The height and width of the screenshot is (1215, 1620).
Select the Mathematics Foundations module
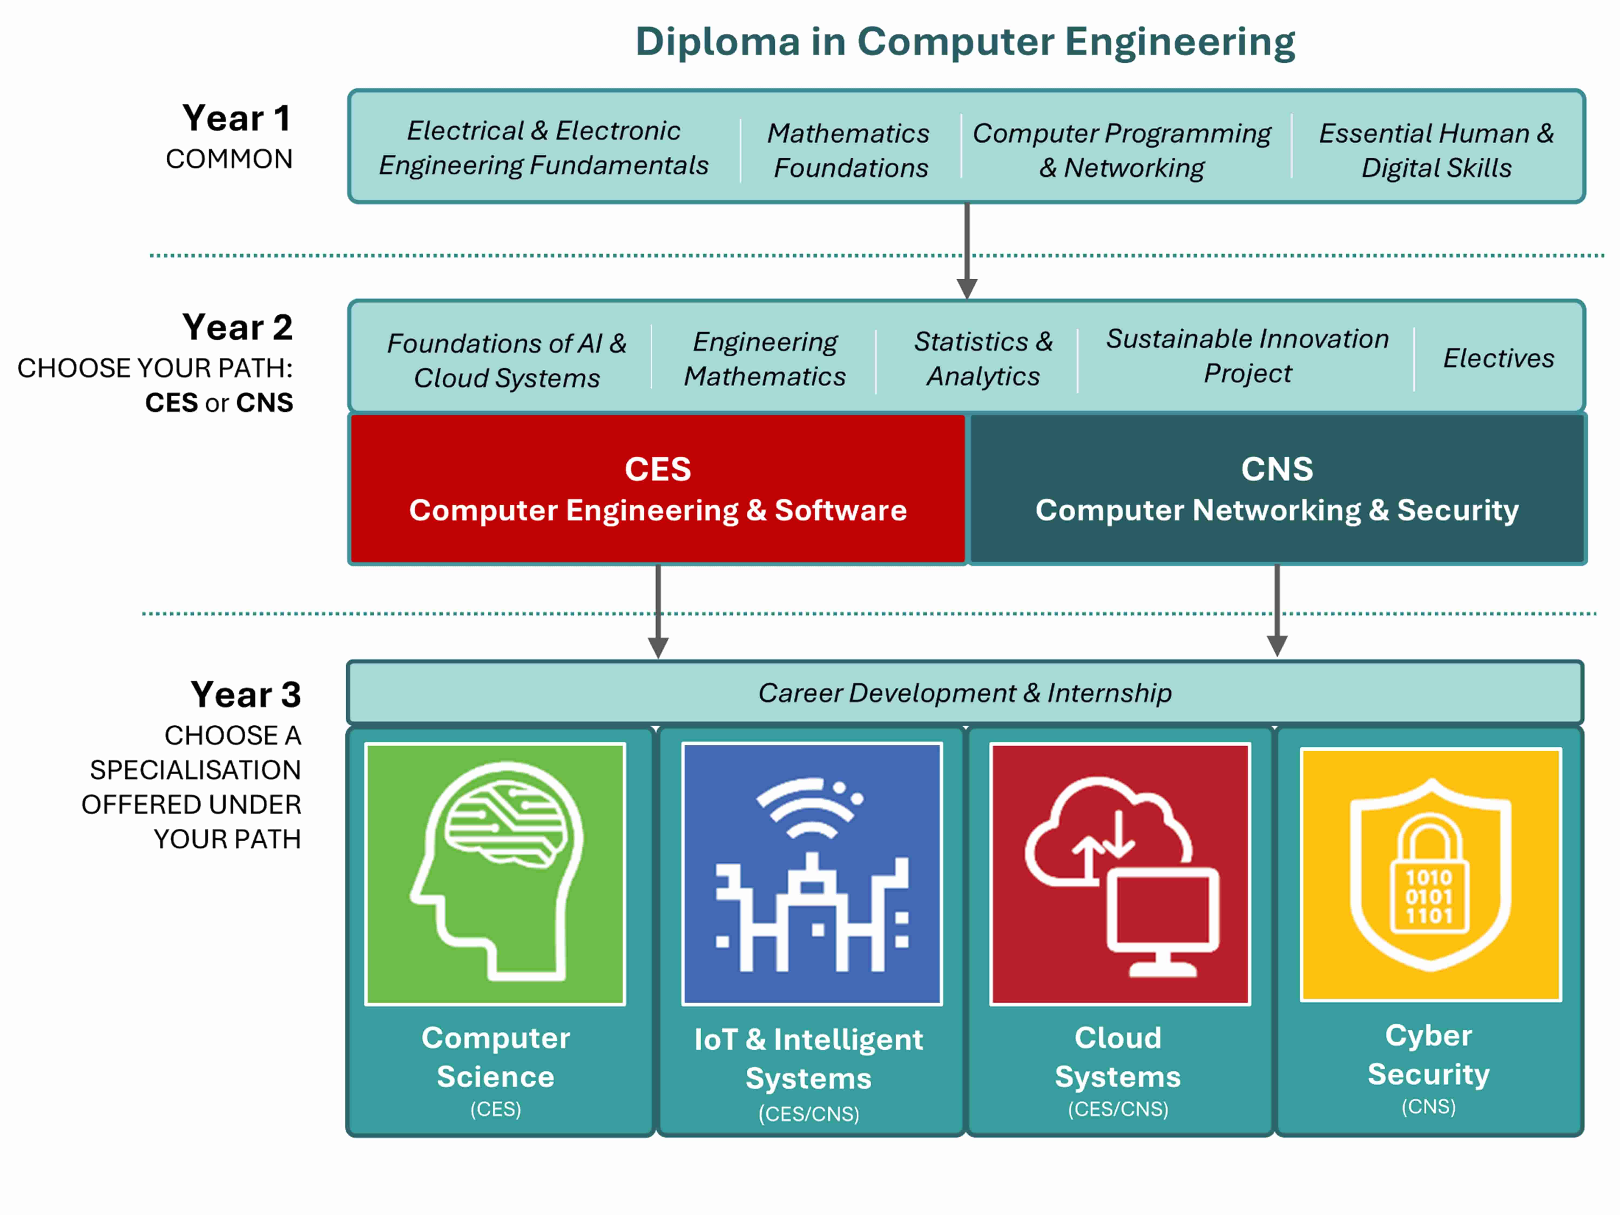pyautogui.click(x=849, y=150)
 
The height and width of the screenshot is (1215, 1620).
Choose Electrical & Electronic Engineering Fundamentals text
pyautogui.click(x=544, y=148)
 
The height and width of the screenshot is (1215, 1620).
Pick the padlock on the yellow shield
pyautogui.click(x=1429, y=875)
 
